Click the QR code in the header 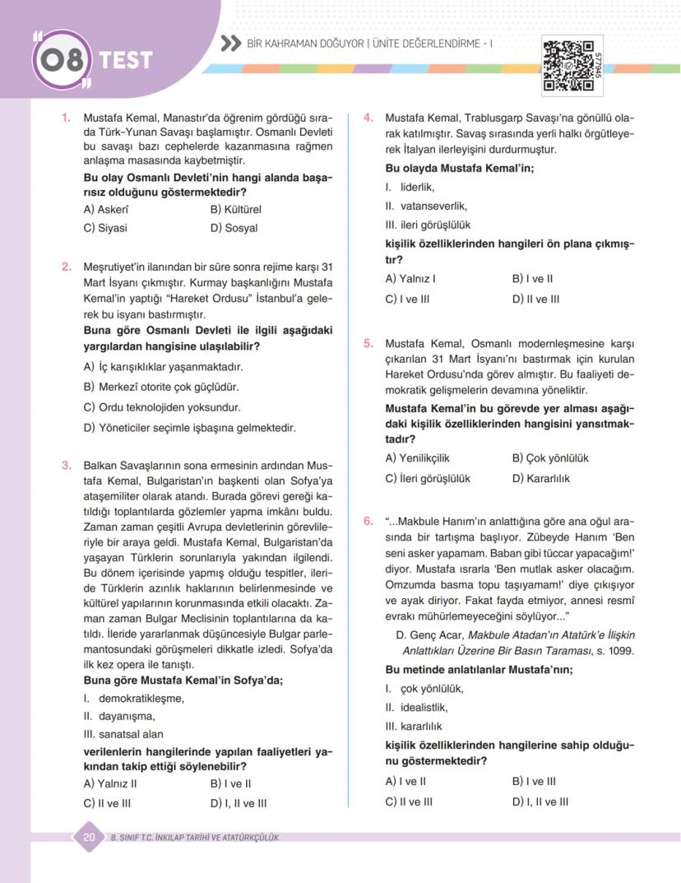568,64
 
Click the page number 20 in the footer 89,837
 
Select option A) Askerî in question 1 106,209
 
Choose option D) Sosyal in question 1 234,228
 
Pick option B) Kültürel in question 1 235,209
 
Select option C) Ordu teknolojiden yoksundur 162,407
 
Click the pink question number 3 67,465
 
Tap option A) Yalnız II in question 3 110,783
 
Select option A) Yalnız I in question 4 410,279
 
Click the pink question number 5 368,343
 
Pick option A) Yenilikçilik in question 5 417,458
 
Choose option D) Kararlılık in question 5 540,478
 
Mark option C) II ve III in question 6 409,802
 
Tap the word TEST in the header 126,60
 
